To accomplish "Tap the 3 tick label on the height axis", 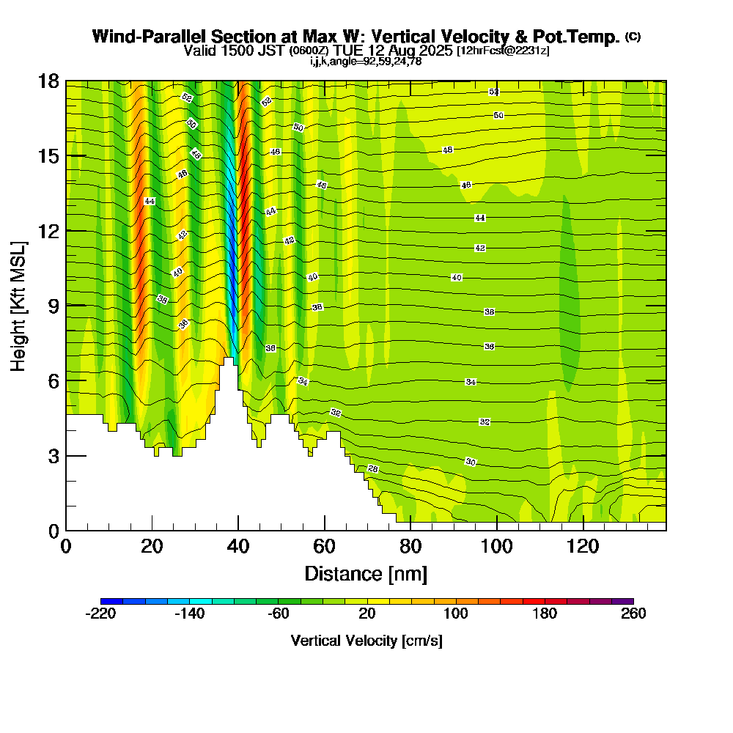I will coord(52,455).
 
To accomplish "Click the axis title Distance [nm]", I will coord(366,572).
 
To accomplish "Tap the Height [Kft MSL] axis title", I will coord(19,305).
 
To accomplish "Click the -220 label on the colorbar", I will coord(100,614).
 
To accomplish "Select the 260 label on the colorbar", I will coord(633,614).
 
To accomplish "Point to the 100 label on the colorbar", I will coord(456,614).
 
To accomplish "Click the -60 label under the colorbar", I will coord(279,614).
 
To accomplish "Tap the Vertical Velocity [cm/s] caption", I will coord(366,641).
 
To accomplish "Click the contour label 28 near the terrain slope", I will coord(372,468).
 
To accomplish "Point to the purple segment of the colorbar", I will coord(622,601).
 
